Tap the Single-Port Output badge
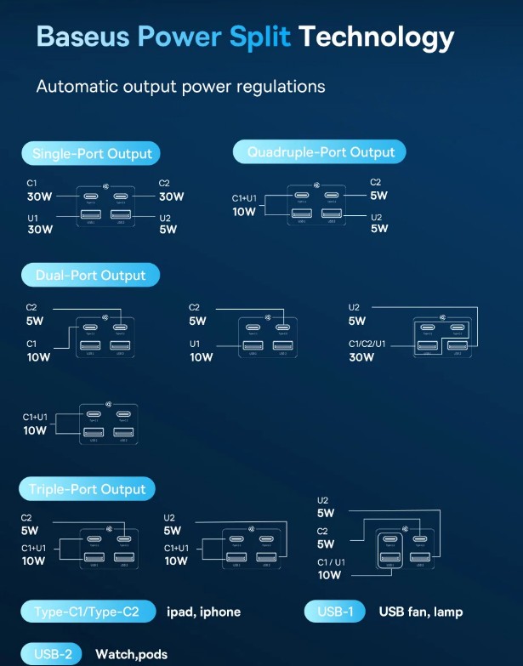tap(92, 154)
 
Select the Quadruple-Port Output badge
tap(321, 152)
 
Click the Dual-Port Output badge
tap(90, 276)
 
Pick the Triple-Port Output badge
tap(88, 489)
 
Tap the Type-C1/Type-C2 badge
tap(89, 612)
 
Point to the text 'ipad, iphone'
tap(203, 612)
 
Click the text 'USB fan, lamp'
tap(421, 612)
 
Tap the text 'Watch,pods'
tap(131, 654)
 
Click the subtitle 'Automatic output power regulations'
tap(180, 87)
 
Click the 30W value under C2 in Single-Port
tap(171, 196)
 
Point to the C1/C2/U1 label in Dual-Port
tap(367, 344)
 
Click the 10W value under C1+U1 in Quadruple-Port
tap(244, 212)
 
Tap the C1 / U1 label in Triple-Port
tap(332, 562)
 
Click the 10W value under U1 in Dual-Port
tap(202, 357)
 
